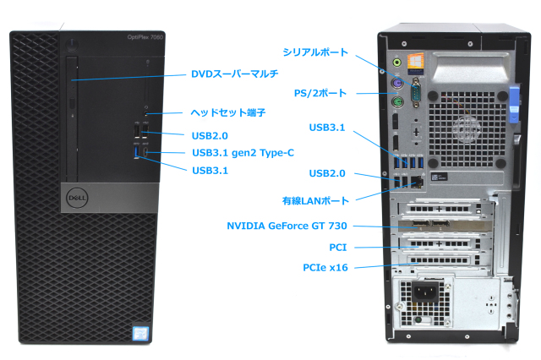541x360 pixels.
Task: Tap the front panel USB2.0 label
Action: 210,134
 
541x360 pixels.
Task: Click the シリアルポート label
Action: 315,52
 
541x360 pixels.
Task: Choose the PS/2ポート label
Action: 320,93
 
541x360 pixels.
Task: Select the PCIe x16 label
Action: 325,268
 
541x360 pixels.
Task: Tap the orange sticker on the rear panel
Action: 416,63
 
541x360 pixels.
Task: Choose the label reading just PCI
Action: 337,248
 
